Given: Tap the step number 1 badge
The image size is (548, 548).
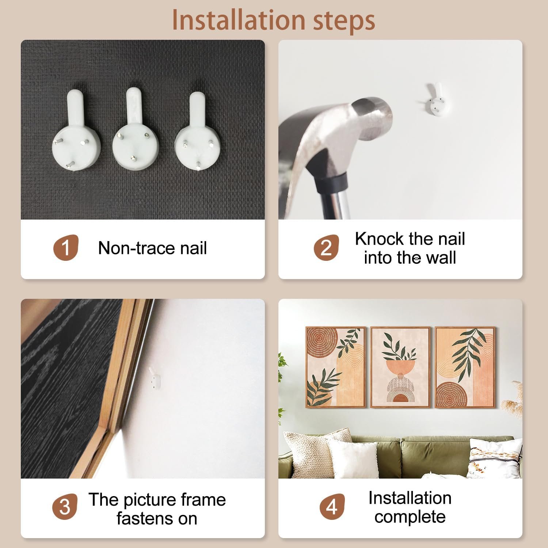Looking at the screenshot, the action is pyautogui.click(x=66, y=248).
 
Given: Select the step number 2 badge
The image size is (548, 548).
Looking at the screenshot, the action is pyautogui.click(x=326, y=248).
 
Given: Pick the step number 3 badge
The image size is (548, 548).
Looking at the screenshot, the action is pyautogui.click(x=65, y=507).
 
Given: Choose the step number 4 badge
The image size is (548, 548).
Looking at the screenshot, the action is pyautogui.click(x=332, y=507).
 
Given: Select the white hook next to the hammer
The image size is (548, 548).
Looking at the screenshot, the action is pyautogui.click(x=434, y=99).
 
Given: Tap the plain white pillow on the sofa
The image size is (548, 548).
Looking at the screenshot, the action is pyautogui.click(x=354, y=458).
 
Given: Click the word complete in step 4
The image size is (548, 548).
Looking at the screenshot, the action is pyautogui.click(x=410, y=517).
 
